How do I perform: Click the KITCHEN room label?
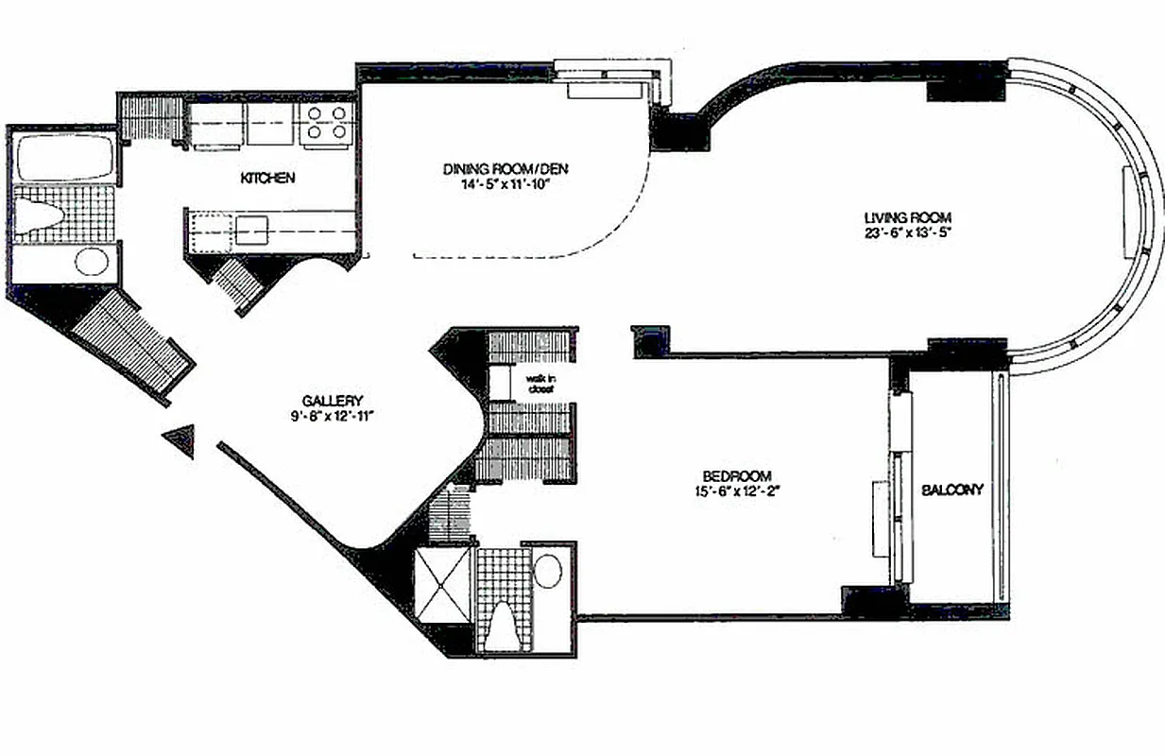click(267, 178)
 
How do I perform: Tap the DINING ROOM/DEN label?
click(505, 169)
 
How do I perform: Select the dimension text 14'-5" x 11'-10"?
click(505, 184)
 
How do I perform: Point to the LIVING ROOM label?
click(908, 218)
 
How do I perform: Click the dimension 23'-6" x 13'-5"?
click(908, 233)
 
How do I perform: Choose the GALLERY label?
click(333, 402)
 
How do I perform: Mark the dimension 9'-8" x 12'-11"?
click(333, 416)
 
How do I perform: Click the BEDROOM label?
click(737, 476)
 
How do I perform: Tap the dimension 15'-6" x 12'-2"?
click(738, 491)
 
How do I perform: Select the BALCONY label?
click(951, 490)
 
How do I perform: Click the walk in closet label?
click(540, 384)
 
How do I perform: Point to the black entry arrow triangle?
click(180, 440)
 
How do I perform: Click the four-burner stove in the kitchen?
click(327, 123)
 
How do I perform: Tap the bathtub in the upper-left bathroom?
click(65, 156)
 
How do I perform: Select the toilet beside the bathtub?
click(39, 215)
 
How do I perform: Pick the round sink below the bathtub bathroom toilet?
click(92, 261)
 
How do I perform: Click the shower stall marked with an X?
click(442, 585)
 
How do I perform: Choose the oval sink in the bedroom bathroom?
click(548, 571)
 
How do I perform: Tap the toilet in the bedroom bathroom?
click(504, 626)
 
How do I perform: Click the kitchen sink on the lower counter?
click(251, 231)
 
